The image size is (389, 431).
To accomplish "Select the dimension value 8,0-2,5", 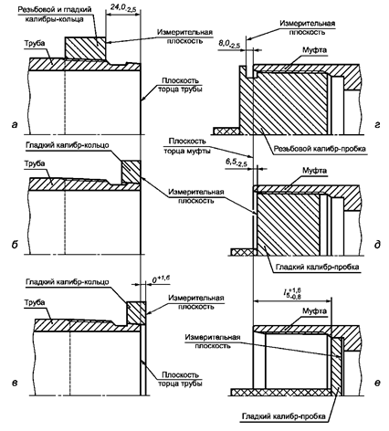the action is click(x=229, y=44).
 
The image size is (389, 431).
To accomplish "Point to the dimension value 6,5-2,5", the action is click(x=237, y=163).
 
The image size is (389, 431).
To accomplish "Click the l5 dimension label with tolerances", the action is click(x=292, y=292).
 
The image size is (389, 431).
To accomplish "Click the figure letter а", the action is click(x=15, y=124).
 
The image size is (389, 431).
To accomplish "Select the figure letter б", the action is click(x=15, y=245).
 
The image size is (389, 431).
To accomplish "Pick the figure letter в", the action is click(x=15, y=382).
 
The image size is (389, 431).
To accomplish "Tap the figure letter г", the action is click(x=377, y=124).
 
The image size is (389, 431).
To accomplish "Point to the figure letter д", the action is click(x=377, y=245).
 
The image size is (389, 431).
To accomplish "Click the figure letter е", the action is click(x=377, y=383).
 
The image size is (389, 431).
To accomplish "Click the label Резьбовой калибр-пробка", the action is click(x=320, y=149).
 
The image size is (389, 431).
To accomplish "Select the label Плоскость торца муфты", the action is click(x=187, y=146).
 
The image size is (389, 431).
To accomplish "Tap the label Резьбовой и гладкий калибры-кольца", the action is click(x=55, y=14).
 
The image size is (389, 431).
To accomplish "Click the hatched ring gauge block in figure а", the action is click(x=85, y=47).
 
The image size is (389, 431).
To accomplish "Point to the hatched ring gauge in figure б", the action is click(x=131, y=172).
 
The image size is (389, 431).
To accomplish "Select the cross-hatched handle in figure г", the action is click(x=226, y=131).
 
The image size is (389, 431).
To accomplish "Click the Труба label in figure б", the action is click(x=35, y=163).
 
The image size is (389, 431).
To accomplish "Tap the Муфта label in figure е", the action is click(x=314, y=311).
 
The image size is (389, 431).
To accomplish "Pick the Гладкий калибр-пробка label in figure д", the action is click(x=318, y=267).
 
